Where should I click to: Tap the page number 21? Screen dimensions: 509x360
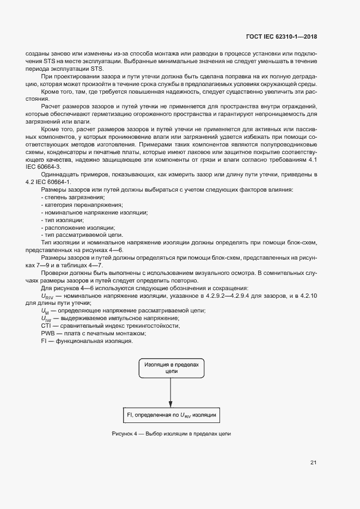pyautogui.click(x=313, y=463)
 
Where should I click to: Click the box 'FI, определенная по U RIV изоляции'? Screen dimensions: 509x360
pyautogui.click(x=172, y=415)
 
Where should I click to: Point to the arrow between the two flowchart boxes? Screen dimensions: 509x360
pyautogui.click(x=172, y=390)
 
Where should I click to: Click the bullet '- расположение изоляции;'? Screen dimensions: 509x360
pyautogui.click(x=70, y=227)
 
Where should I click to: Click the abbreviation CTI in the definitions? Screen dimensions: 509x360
pyautogui.click(x=46, y=326)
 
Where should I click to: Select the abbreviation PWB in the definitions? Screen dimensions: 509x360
pyautogui.click(x=47, y=333)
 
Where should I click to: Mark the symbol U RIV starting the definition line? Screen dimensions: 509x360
pyautogui.click(x=47, y=296)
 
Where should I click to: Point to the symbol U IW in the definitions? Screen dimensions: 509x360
pyautogui.click(x=46, y=318)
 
